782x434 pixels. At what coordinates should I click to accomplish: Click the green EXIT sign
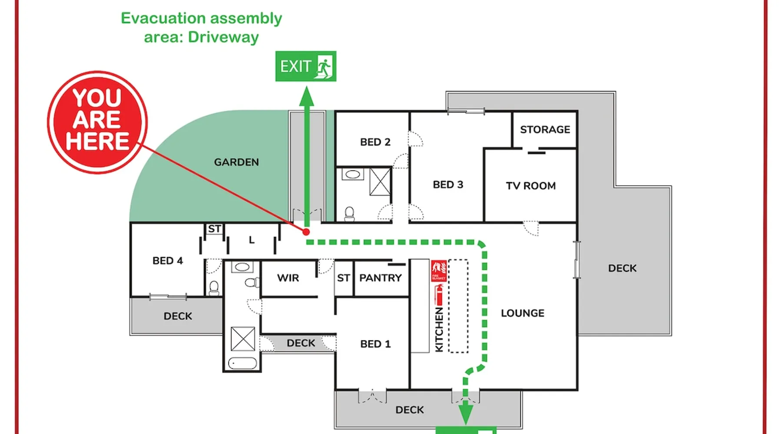click(305, 66)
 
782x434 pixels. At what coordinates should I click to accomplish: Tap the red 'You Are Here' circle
click(97, 122)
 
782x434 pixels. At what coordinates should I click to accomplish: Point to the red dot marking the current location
click(306, 232)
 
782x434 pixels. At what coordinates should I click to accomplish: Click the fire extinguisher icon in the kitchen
click(439, 295)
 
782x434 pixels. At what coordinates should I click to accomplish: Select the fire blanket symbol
click(439, 270)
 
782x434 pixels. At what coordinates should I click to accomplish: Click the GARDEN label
click(236, 162)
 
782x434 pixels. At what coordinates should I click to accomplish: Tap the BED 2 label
click(375, 142)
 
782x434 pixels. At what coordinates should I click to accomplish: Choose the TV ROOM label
click(530, 186)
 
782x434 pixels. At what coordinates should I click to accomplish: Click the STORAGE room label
click(545, 130)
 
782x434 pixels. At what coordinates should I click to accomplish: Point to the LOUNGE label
click(522, 313)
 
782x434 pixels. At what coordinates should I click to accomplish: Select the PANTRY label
click(381, 278)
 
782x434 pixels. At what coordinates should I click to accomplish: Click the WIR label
click(288, 278)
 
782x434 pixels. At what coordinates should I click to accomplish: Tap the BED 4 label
click(168, 261)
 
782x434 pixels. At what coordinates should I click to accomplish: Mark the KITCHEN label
click(439, 330)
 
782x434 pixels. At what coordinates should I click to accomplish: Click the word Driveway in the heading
click(223, 37)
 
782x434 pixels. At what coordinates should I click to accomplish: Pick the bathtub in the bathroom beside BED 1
click(242, 363)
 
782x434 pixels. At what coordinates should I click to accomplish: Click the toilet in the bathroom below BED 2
click(349, 214)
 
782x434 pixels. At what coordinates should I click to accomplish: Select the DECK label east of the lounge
click(622, 268)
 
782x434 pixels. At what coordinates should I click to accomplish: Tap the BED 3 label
click(448, 185)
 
